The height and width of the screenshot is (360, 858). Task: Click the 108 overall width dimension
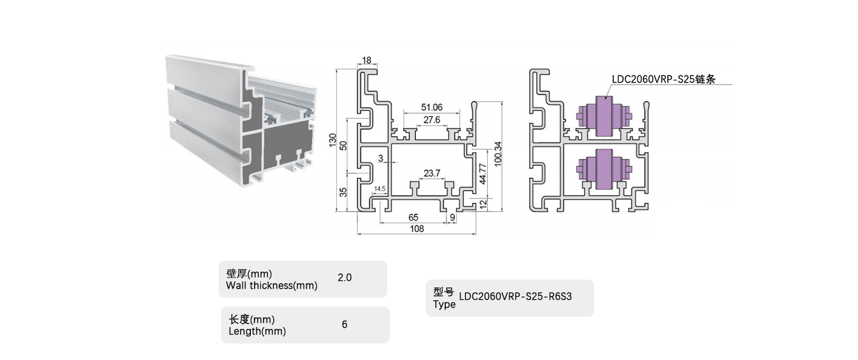pyautogui.click(x=417, y=229)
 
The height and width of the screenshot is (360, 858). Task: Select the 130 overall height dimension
pyautogui.click(x=332, y=139)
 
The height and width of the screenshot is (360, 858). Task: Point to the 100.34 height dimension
pyautogui.click(x=498, y=156)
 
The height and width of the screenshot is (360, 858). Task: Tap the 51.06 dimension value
pyautogui.click(x=432, y=107)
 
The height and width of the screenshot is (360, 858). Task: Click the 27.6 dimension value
pyautogui.click(x=432, y=120)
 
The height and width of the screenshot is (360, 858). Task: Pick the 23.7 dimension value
pyautogui.click(x=432, y=174)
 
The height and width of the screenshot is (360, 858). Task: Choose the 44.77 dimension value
pyautogui.click(x=482, y=174)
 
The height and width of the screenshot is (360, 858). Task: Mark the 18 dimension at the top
pyautogui.click(x=367, y=60)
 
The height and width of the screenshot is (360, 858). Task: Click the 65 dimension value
pyautogui.click(x=413, y=217)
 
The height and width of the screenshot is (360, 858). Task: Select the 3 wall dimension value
pyautogui.click(x=381, y=159)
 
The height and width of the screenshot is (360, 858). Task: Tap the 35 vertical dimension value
pyautogui.click(x=343, y=192)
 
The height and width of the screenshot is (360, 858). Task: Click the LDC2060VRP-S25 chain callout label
pyautogui.click(x=663, y=79)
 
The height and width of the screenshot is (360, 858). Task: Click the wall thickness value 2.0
pyautogui.click(x=344, y=278)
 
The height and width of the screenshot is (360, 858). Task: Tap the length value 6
pyautogui.click(x=344, y=325)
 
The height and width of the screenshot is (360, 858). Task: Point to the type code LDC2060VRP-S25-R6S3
pyautogui.click(x=516, y=297)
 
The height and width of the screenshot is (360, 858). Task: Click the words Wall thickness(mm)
pyautogui.click(x=272, y=285)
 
